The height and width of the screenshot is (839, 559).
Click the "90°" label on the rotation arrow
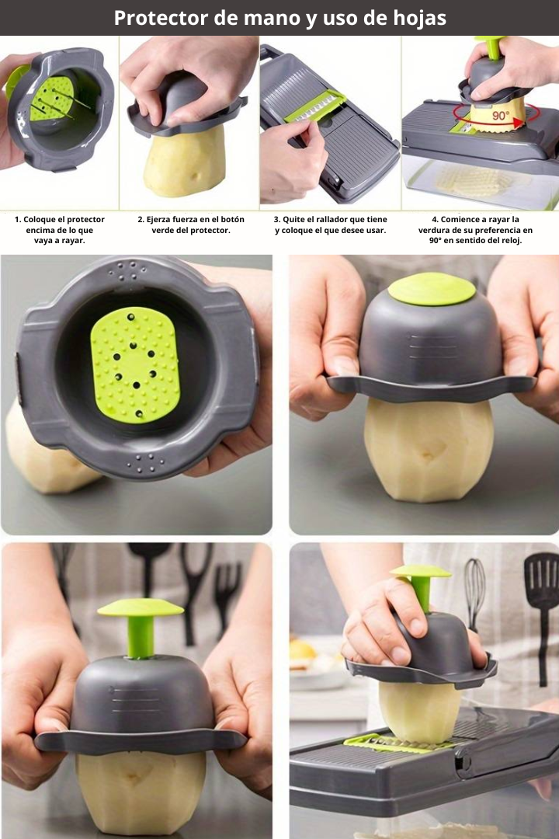[x=501, y=115]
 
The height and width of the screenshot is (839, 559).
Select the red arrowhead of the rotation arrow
[x=517, y=123]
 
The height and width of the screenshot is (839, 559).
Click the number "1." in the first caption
[x=18, y=219]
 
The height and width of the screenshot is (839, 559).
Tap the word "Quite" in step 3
[x=293, y=219]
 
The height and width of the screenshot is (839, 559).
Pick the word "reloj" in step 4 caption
[x=510, y=241]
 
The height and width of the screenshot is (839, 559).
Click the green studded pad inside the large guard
[x=135, y=364]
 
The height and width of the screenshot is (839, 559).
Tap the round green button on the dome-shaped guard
[x=431, y=289]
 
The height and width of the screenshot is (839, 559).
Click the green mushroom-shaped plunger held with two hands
[x=141, y=626]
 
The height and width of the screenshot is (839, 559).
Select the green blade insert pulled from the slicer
[x=314, y=106]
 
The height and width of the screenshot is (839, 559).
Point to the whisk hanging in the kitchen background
[x=474, y=594]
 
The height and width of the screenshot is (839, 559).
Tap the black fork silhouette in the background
[x=227, y=595]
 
